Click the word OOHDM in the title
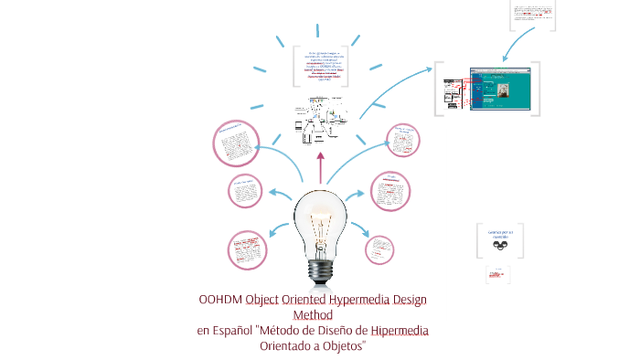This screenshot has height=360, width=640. coord(220,299)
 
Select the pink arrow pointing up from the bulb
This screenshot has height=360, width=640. coord(320,169)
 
